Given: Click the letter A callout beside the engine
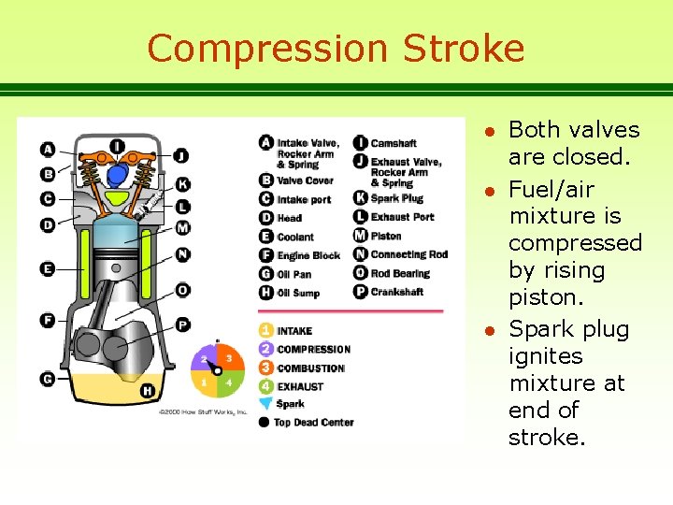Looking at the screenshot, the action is pyautogui.click(x=48, y=149).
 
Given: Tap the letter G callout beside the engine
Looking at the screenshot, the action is pyautogui.click(x=48, y=379).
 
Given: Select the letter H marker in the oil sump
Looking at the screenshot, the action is pyautogui.click(x=146, y=391).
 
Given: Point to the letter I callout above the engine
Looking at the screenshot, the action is pyautogui.click(x=117, y=145).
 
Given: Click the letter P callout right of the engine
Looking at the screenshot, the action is pyautogui.click(x=182, y=324).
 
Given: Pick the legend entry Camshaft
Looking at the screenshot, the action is pyautogui.click(x=393, y=143).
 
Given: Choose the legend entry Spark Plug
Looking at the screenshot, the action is pyautogui.click(x=396, y=198).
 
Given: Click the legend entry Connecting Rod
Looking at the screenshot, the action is pyautogui.click(x=408, y=254).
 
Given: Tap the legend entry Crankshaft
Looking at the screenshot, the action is pyautogui.click(x=396, y=292).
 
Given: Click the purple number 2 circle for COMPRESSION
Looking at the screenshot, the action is pyautogui.click(x=266, y=349).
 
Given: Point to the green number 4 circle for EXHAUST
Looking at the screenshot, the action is pyautogui.click(x=266, y=386).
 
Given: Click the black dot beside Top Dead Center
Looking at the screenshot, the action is pyautogui.click(x=266, y=422).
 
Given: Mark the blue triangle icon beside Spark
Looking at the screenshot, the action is pyautogui.click(x=266, y=404).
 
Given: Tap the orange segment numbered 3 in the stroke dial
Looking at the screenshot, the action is pyautogui.click(x=228, y=359).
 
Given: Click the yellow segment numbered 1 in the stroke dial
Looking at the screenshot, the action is pyautogui.click(x=205, y=382).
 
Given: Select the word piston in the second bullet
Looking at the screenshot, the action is pyautogui.click(x=541, y=297).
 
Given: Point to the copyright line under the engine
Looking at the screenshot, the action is pyautogui.click(x=202, y=411).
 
